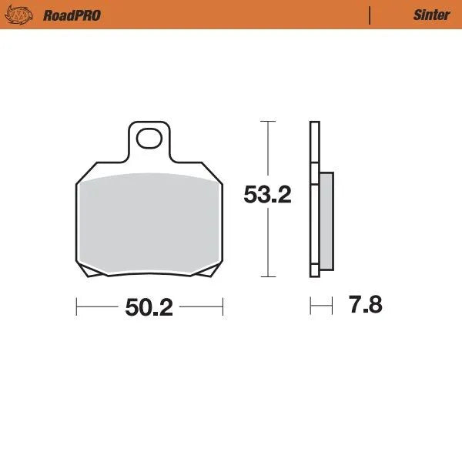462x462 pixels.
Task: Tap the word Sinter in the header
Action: (431, 15)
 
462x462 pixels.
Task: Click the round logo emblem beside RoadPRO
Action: (22, 15)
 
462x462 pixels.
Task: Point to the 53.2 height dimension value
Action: (267, 195)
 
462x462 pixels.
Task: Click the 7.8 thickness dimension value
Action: (365, 305)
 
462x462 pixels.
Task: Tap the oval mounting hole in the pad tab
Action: (149, 139)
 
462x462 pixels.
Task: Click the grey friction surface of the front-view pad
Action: (149, 223)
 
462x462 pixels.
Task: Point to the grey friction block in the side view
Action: (326, 221)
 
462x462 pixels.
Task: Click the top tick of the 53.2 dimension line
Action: (267, 122)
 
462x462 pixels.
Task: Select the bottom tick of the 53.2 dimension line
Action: (267, 276)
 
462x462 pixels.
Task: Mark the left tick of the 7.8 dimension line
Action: (310, 306)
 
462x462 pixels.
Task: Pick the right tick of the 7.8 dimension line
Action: (332, 306)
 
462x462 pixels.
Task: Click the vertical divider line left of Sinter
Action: (370, 15)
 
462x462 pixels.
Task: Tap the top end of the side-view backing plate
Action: (314, 124)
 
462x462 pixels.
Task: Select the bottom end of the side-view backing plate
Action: (314, 275)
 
